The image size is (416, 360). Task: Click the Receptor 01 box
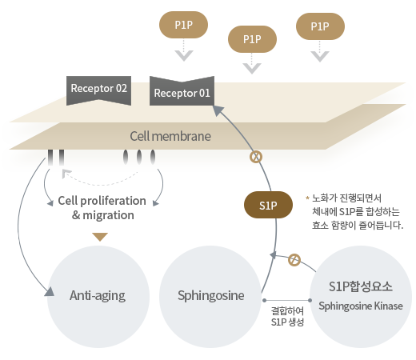(182, 92)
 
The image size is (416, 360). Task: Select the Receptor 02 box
(98, 90)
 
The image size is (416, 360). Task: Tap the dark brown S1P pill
(268, 205)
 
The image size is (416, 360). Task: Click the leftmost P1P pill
(183, 25)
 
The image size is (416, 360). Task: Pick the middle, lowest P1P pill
(252, 39)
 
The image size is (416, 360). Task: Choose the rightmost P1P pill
(320, 26)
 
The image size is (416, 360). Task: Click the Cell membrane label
(170, 136)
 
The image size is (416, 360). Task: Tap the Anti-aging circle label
(98, 296)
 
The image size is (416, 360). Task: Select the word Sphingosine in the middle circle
(211, 296)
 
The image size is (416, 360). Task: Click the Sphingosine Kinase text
(361, 306)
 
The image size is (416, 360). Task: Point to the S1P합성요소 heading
(361, 286)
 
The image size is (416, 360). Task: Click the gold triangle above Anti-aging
(100, 237)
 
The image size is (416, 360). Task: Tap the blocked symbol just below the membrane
(256, 157)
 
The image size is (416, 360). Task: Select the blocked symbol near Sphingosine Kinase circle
(294, 260)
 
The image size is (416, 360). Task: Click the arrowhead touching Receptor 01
(218, 110)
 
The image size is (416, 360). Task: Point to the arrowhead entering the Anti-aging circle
(50, 292)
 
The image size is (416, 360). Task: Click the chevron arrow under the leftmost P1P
(184, 55)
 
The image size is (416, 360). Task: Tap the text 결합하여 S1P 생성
(287, 317)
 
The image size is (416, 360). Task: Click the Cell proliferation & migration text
(102, 208)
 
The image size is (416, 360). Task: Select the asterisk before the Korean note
(307, 198)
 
